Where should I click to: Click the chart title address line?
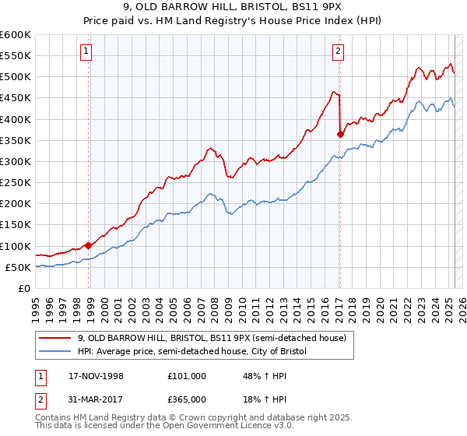tap(233, 9)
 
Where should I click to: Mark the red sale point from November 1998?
tap(89, 245)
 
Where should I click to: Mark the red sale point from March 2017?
tap(340, 134)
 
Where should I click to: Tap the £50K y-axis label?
tap(19, 267)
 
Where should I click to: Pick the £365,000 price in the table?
tap(186, 399)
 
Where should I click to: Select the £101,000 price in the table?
tap(186, 376)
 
